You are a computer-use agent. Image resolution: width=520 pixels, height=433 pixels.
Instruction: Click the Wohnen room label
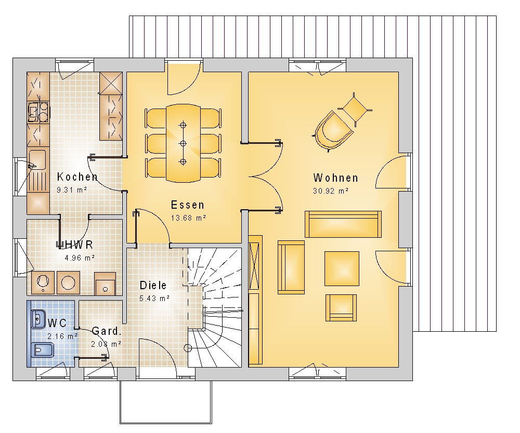[x=335, y=178]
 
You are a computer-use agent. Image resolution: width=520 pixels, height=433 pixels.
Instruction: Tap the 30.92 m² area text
[x=331, y=191]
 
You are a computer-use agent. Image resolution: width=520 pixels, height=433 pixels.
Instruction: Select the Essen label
[x=188, y=205]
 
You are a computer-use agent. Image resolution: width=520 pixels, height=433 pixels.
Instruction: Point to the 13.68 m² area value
[x=188, y=218]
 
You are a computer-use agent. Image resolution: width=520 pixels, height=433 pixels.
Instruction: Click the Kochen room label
[x=77, y=177]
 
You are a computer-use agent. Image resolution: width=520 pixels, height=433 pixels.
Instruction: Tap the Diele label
[x=153, y=286]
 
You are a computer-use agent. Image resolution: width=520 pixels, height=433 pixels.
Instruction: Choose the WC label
[x=57, y=323]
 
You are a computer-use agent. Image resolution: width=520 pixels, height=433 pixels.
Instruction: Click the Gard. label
[x=106, y=331]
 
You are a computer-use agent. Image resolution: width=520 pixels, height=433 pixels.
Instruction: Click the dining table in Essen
[x=183, y=143]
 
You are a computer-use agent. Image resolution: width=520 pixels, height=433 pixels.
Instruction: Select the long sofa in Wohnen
[x=343, y=224]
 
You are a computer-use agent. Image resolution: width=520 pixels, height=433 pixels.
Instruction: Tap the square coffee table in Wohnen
[x=342, y=268]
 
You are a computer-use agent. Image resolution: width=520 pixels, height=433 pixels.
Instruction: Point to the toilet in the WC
[x=42, y=350]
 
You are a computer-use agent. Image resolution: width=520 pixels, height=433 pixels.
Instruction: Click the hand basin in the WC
[x=38, y=319]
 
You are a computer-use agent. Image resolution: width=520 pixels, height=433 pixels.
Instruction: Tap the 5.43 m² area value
[x=154, y=298]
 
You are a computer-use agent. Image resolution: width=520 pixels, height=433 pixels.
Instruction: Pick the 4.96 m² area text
[x=80, y=258]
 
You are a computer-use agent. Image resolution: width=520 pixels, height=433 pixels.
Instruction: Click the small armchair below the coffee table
[x=341, y=308]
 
